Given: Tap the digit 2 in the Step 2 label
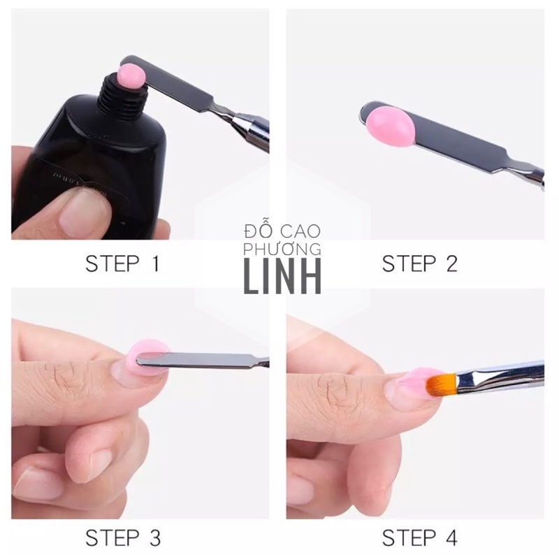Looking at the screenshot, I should pos(450,264).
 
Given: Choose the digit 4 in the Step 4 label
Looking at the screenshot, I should pos(450,538).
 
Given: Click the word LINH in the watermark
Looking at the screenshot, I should pos(282,277).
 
